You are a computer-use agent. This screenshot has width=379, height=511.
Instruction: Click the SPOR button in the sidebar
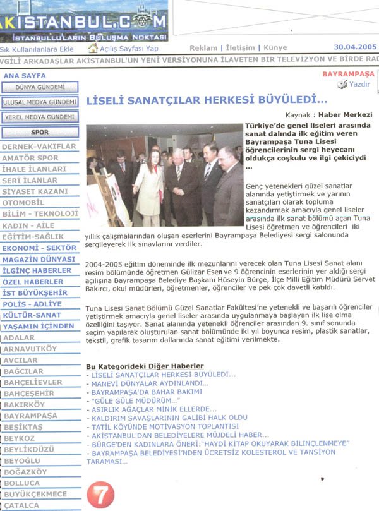(40, 132)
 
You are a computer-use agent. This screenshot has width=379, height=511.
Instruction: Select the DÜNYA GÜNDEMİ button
(40, 87)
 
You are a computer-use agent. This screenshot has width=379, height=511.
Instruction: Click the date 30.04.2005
(355, 47)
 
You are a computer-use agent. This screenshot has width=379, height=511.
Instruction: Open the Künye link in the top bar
(275, 48)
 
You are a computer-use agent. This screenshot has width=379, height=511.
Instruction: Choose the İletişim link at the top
(241, 48)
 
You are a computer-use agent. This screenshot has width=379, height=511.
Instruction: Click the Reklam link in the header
(203, 48)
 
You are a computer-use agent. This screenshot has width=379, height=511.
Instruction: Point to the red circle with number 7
(101, 495)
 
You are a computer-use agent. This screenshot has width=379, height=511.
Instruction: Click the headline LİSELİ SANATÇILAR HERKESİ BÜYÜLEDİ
(207, 100)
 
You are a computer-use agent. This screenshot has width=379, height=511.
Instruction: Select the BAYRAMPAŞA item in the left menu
(30, 416)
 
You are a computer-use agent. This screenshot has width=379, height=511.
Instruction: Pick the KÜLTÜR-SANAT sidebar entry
(32, 315)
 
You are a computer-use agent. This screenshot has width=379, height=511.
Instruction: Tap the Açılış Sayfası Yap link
(129, 49)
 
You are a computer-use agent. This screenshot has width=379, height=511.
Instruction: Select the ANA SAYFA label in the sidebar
(20, 75)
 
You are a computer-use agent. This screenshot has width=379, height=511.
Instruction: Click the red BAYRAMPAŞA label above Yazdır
(349, 74)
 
